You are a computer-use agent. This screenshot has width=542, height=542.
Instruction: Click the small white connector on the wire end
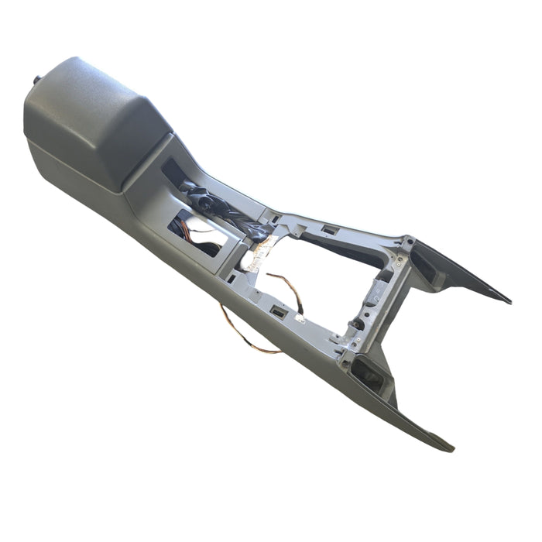point(300,317)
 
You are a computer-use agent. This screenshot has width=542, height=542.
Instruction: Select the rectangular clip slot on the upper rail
point(329,230)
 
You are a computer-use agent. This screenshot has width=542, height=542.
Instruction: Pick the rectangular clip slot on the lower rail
point(277,311)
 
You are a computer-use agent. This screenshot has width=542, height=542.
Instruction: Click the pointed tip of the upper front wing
point(507,300)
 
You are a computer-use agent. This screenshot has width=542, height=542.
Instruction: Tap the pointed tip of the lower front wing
point(451,448)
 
